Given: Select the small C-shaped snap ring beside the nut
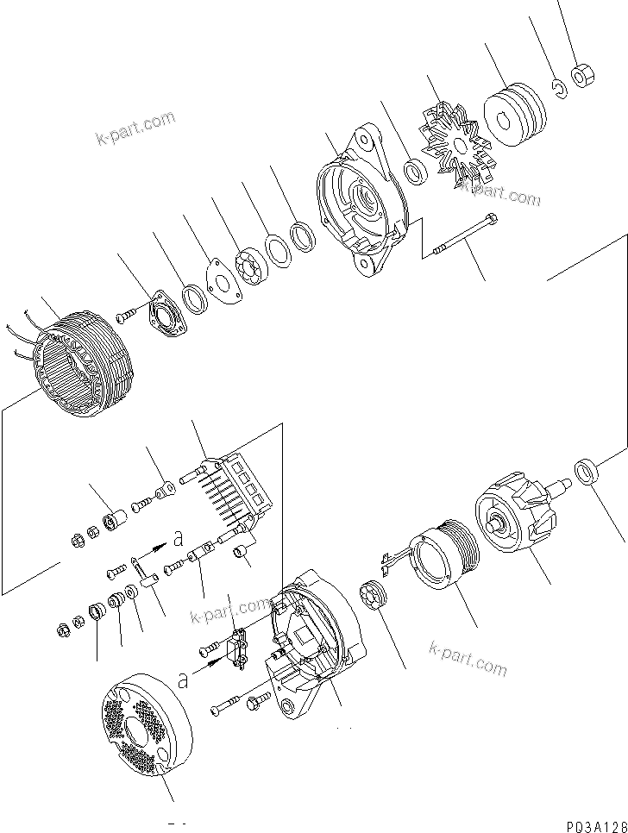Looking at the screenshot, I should pos(559,88).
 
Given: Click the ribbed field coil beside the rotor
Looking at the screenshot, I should pos(439,561).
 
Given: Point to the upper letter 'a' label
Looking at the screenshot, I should pos(178,538).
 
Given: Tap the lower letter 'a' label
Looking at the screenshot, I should pos(182,680).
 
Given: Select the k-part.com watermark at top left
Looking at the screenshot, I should pos(135,128).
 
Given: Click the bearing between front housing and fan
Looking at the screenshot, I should pos(416,172).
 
